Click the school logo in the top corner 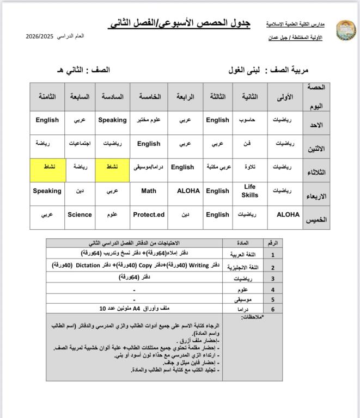coord(345,30)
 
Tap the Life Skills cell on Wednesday coord(250,191)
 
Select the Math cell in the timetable coord(149,191)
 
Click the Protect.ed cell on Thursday coord(149,214)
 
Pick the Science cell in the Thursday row coord(80,214)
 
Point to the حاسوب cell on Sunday coord(250,120)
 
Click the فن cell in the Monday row coord(250,144)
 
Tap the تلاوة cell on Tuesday coord(250,167)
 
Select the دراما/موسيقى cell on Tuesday coord(149,167)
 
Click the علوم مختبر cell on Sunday coord(149,120)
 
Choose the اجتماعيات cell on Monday coord(80,144)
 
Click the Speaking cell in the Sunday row coord(112,120)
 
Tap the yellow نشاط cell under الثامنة coord(47,167)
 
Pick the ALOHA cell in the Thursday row coord(288,214)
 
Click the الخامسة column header coord(149,96)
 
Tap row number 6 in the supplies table coord(273,309)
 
